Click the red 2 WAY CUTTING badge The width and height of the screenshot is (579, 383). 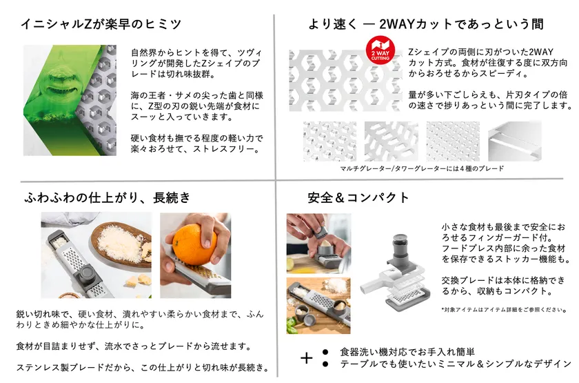380,50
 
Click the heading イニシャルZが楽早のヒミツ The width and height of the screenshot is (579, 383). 101,24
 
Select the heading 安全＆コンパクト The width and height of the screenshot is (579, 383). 358,198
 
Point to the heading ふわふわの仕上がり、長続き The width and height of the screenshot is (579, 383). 108,198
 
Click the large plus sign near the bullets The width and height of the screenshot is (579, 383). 307,358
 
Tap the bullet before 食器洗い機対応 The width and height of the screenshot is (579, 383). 325,352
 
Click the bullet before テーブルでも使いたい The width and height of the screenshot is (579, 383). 325,364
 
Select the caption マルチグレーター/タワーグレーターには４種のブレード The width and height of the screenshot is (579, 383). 422,168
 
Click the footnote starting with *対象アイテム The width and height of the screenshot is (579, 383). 504,310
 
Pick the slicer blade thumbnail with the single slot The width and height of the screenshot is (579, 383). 515,141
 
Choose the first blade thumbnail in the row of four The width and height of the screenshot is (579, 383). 329,141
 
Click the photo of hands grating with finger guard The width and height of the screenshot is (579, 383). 318,243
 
